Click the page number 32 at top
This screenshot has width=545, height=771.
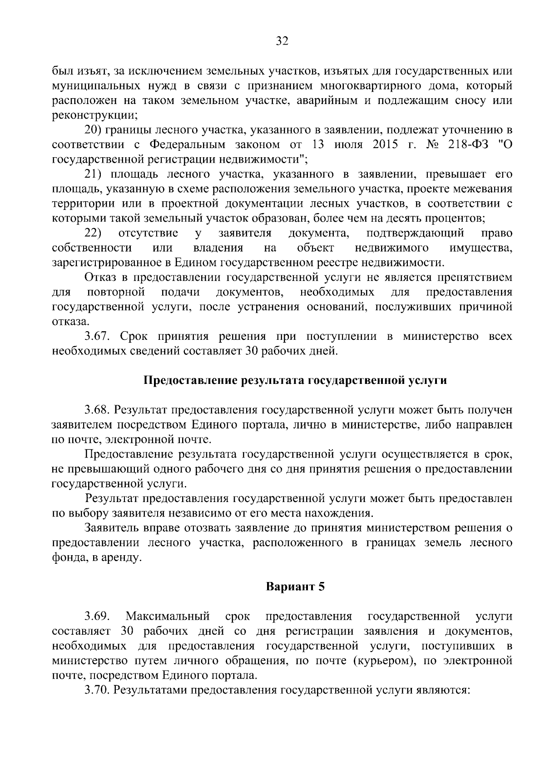coord(282,42)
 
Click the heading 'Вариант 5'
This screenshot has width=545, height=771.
coord(295,587)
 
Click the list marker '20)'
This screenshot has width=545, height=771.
coord(93,130)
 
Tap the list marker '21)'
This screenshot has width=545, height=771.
coord(93,174)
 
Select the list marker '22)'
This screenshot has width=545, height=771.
coord(93,234)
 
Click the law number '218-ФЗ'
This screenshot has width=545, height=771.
coord(468,145)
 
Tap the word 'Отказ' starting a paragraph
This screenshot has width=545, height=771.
coord(99,277)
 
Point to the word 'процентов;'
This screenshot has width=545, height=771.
coord(456,218)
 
